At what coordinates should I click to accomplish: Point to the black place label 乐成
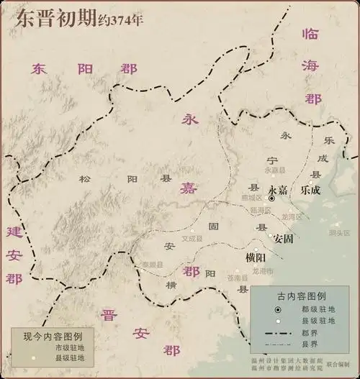point(311,191)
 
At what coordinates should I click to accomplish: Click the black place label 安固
point(283,239)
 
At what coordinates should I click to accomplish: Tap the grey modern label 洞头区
point(338,232)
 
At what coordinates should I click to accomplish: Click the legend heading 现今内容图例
point(54,335)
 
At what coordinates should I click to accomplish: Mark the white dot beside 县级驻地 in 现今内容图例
point(32,357)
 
